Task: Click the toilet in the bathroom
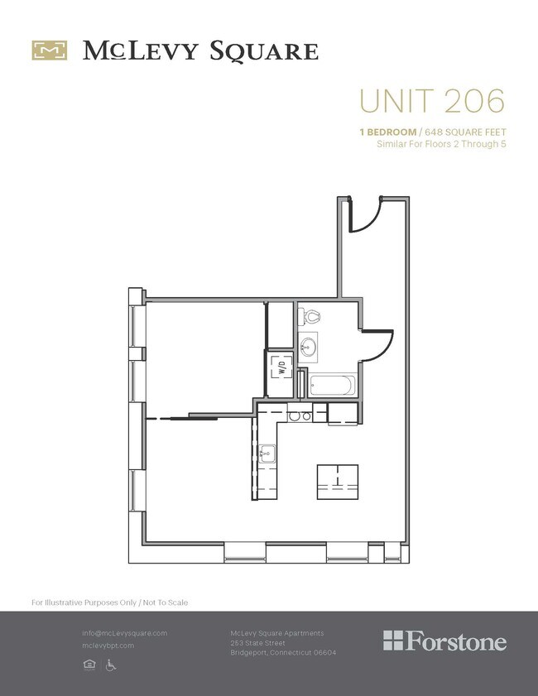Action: tap(312, 316)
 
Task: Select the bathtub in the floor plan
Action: tap(332, 386)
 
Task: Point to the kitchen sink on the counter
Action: tap(267, 452)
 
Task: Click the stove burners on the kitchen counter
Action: tap(300, 416)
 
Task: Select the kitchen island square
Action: tap(338, 482)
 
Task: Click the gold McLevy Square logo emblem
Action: tap(49, 50)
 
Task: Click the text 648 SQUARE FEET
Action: tap(465, 132)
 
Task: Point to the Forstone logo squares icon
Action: tap(394, 641)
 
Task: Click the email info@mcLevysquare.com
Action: tap(124, 633)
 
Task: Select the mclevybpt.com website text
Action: tap(108, 646)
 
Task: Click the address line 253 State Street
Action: tap(257, 643)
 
